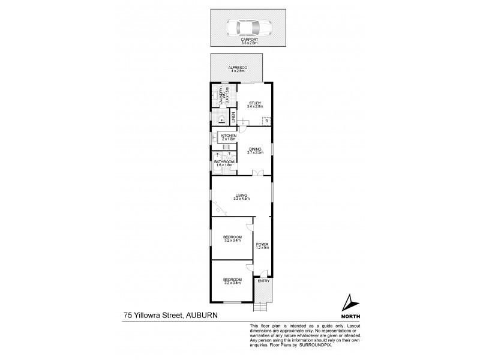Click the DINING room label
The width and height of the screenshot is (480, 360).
pos(256,149)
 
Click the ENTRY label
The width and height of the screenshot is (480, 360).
pos(263,281)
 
